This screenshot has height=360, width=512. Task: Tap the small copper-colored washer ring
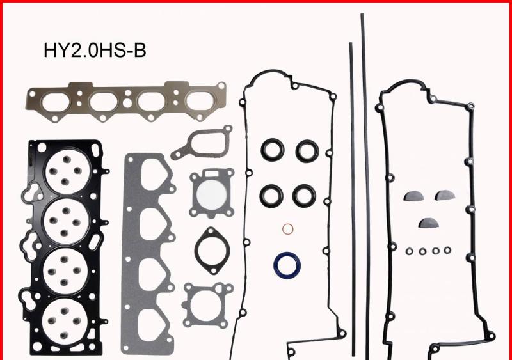point(288,230)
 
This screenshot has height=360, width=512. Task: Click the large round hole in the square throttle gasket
point(211,192)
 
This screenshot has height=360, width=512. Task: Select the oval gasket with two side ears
point(211,249)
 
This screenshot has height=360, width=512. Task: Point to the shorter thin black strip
point(351,192)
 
